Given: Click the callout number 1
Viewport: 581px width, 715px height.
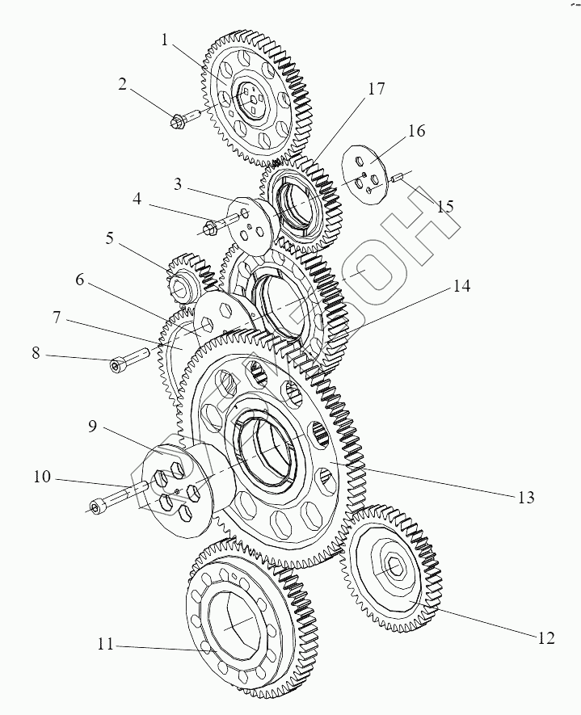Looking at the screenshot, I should (x=165, y=40).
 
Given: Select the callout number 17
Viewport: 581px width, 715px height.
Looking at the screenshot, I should (x=376, y=90).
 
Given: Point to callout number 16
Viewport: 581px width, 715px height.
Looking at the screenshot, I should (x=416, y=132).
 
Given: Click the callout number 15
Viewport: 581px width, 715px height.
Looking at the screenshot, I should (x=445, y=207).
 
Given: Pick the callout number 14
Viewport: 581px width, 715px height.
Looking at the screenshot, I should (x=461, y=286).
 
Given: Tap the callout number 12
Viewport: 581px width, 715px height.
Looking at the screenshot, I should (x=545, y=637).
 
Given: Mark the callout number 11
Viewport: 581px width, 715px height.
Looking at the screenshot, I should (x=104, y=645).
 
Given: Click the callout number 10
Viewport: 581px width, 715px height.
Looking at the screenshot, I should (x=42, y=477).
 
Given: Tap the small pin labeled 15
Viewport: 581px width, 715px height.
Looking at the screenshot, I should (x=398, y=177).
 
